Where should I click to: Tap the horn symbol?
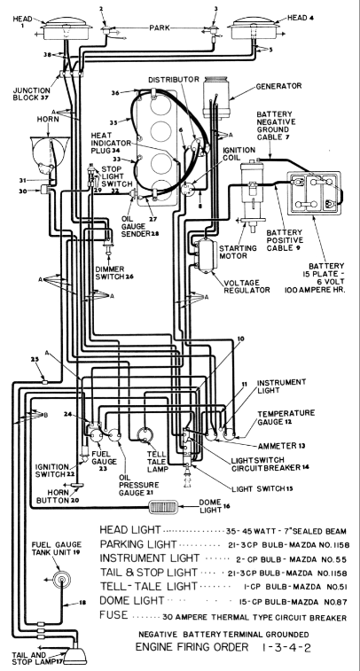50,152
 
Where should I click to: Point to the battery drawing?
314,192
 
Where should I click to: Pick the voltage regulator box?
207,255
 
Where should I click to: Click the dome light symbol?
162,507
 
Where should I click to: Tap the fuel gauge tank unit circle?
61,580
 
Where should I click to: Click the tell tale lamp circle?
145,435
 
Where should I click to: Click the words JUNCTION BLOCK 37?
32,94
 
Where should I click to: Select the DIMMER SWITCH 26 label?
114,273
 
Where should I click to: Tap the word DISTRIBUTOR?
174,80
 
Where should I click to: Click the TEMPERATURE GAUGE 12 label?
286,417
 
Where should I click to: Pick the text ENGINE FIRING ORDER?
192,646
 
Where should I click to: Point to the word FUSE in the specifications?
113,615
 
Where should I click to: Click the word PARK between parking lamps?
160,27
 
